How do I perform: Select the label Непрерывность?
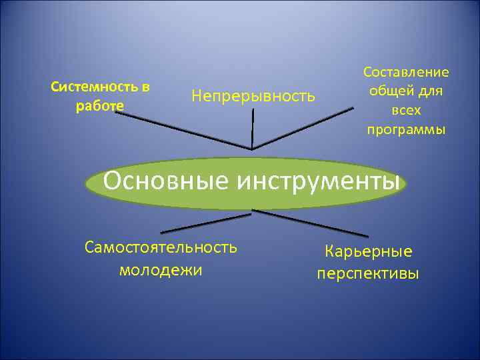pos(253,96)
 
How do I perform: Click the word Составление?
pos(406,72)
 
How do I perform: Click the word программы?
pos(406,129)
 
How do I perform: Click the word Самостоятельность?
pos(161,247)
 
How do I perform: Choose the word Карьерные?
pos(368,252)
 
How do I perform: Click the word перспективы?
pos(368,273)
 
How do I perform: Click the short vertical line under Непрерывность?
pos(253,127)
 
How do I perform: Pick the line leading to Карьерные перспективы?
pos(310,223)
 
